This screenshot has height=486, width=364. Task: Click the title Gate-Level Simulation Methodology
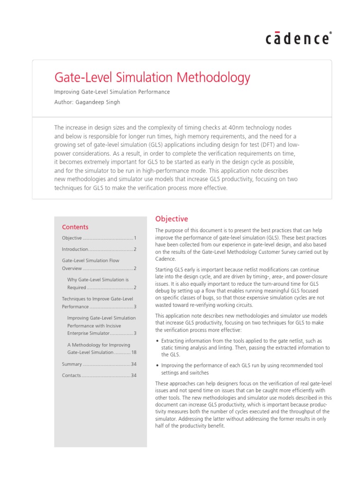pyautogui.click(x=153, y=77)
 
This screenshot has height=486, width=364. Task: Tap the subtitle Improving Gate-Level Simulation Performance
pyautogui.click(x=112, y=92)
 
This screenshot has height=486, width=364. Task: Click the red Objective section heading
pyautogui.click(x=172, y=219)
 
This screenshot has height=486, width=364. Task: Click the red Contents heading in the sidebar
pyautogui.click(x=75, y=227)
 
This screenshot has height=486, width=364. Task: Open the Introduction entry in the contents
pyautogui.click(x=75, y=249)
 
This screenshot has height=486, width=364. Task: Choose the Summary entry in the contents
pyautogui.click(x=72, y=364)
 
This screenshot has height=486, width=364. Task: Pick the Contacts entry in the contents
pyautogui.click(x=72, y=375)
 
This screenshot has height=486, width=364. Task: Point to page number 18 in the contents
pyautogui.click(x=134, y=352)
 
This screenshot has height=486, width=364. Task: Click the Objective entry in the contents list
pyautogui.click(x=72, y=238)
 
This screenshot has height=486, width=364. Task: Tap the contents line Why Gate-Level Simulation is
pyautogui.click(x=98, y=280)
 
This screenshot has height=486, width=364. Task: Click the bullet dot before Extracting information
pyautogui.click(x=157, y=341)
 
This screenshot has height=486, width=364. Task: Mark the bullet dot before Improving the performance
pyautogui.click(x=157, y=366)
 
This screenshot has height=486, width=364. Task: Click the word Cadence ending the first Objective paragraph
pyautogui.click(x=165, y=259)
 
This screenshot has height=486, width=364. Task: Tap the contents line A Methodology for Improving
pyautogui.click(x=99, y=345)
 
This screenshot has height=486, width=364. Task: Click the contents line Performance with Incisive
pyautogui.click(x=94, y=326)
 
